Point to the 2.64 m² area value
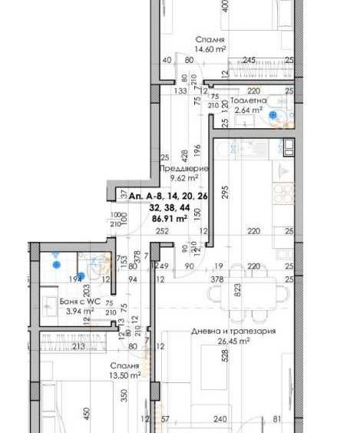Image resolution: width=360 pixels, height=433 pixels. click(x=248, y=110)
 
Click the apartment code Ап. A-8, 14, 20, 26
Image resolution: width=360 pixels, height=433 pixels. click(x=169, y=197)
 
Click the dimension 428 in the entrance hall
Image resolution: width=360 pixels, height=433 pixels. click(x=184, y=153)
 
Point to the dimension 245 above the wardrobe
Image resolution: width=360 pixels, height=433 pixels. click(x=249, y=61)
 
